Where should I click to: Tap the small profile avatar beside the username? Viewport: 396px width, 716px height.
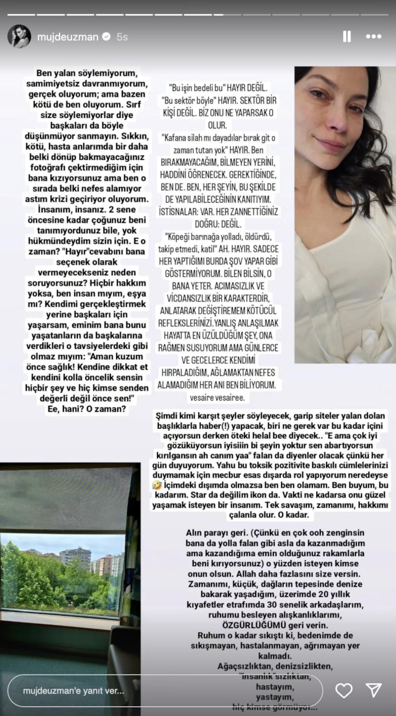click(19, 37)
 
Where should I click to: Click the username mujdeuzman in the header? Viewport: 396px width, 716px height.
click(68, 37)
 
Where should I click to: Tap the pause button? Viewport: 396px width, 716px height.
click(347, 37)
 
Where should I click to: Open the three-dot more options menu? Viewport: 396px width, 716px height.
click(373, 37)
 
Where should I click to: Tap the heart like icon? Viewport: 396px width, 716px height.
click(344, 690)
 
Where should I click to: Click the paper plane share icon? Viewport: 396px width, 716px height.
click(373, 690)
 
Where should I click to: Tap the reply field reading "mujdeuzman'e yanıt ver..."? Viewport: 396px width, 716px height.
click(163, 690)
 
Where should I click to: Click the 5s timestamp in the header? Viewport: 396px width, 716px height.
click(122, 37)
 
